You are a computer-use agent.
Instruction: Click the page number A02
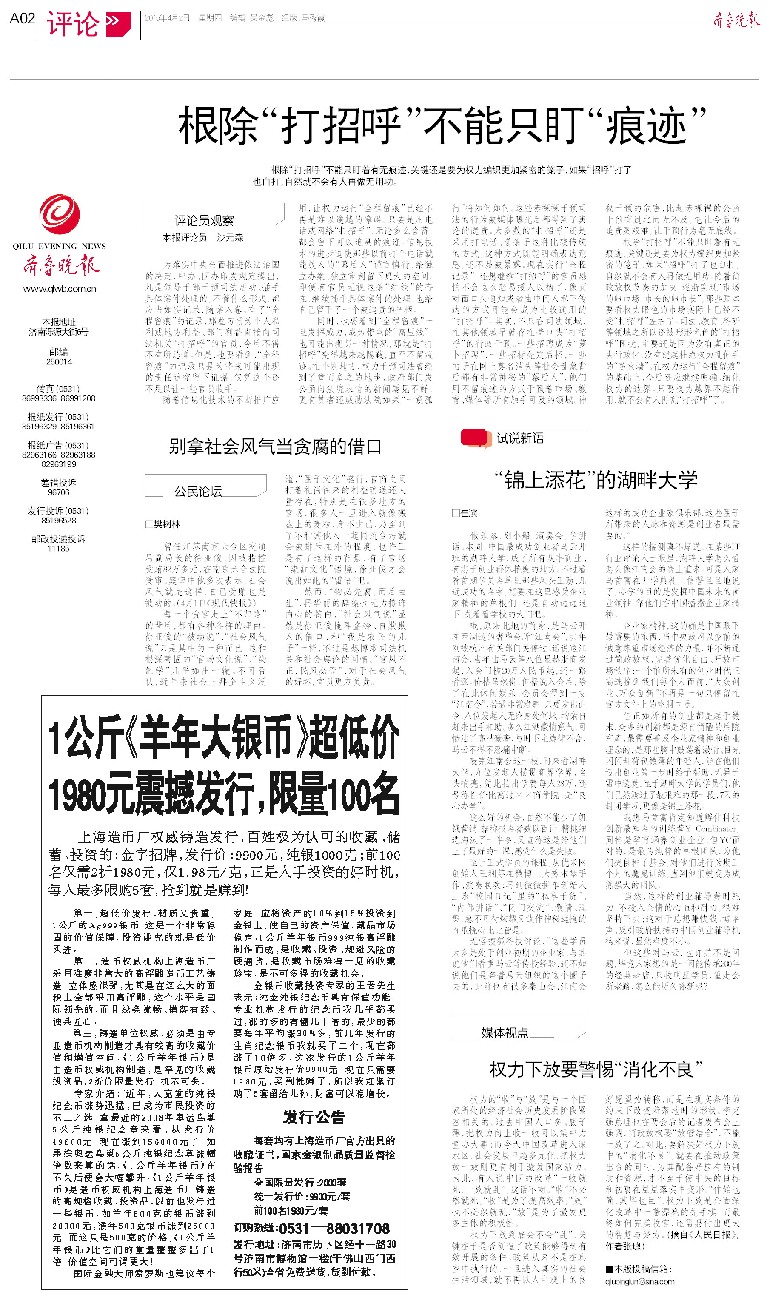pos(22,19)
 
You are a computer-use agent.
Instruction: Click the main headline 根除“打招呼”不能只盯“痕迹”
pos(442,125)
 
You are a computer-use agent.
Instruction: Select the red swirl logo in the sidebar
pos(60,214)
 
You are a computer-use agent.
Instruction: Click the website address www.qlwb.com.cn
pos(60,289)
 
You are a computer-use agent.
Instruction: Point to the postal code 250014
pos(59,361)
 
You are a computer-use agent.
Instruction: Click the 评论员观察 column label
pos(204,221)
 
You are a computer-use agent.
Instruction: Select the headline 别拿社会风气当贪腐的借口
pos(275,446)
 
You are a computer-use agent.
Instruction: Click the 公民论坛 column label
pos(198,491)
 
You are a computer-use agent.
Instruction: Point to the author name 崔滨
pos(468,513)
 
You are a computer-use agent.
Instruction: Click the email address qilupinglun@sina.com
pos(640,1282)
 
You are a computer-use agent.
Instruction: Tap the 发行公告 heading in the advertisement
pos(314,1117)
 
